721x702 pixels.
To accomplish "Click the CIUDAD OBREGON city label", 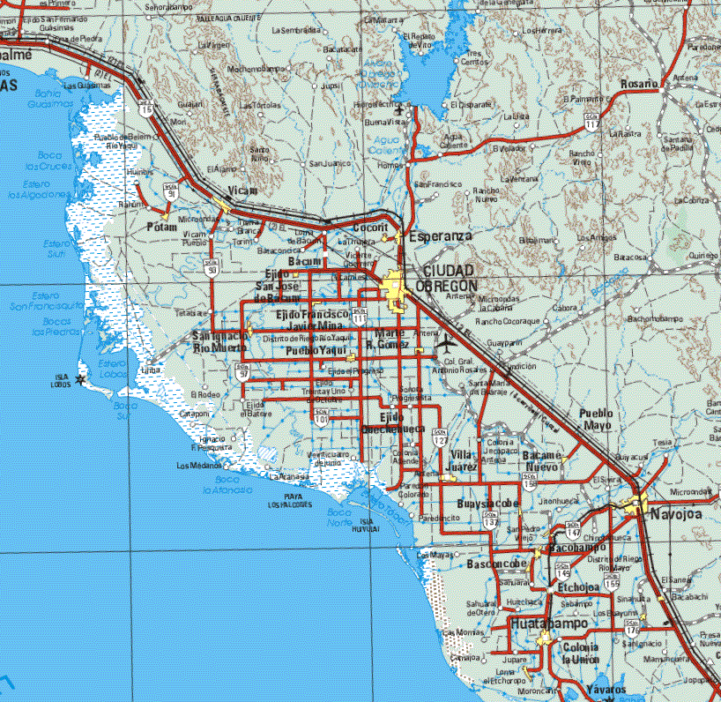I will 449,278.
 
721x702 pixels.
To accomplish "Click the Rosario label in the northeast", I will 639,84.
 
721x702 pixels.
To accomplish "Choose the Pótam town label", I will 162,228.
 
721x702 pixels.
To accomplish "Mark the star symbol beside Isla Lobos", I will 81,379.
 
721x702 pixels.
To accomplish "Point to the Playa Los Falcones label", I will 290,502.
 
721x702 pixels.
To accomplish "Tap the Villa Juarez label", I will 464,459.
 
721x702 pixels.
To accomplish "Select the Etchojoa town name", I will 578,587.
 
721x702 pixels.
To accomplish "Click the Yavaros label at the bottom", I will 606,690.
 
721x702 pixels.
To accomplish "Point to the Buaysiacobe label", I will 489,504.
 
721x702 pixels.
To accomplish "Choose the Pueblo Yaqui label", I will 315,351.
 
